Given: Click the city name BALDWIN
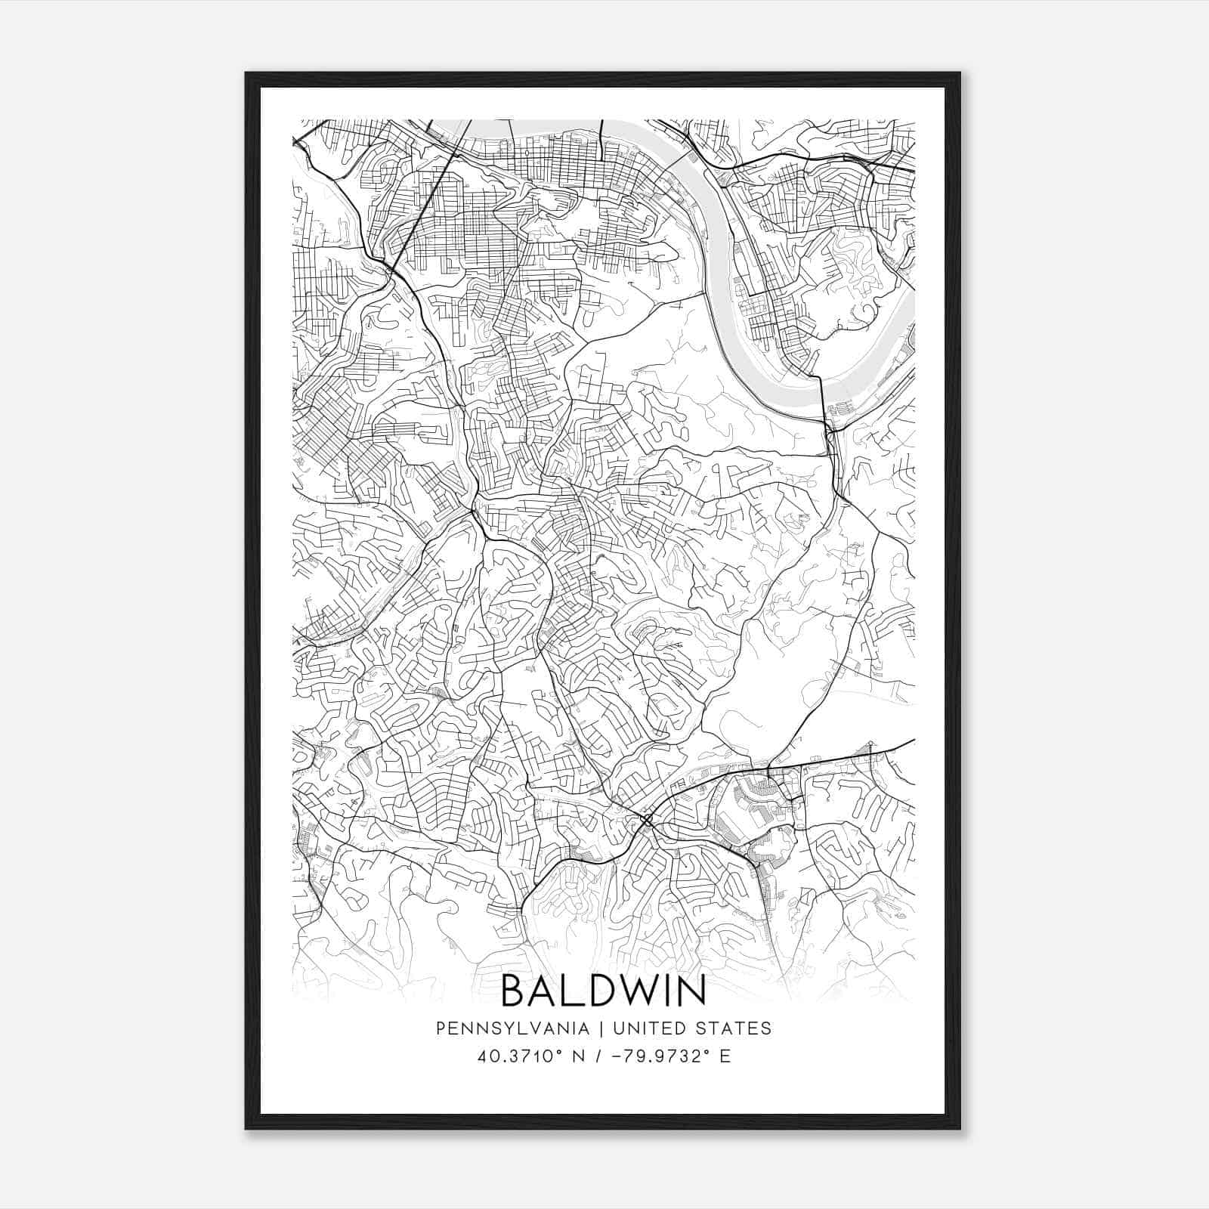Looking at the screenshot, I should pos(603,991).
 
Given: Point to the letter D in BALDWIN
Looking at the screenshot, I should pos(605,991).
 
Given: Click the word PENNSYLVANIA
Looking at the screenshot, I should pos(512,1028).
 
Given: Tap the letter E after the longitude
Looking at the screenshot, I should pos(725,1056).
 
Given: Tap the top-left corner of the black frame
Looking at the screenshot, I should pos(247,74).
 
